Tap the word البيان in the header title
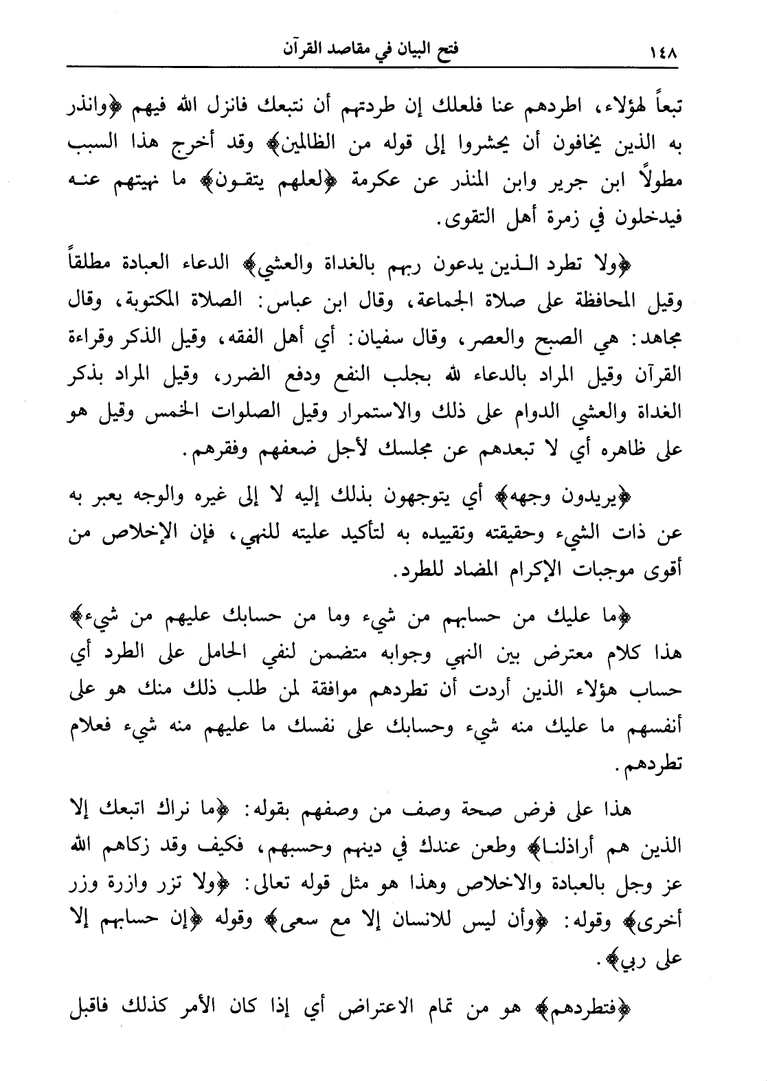pos(401,50)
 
